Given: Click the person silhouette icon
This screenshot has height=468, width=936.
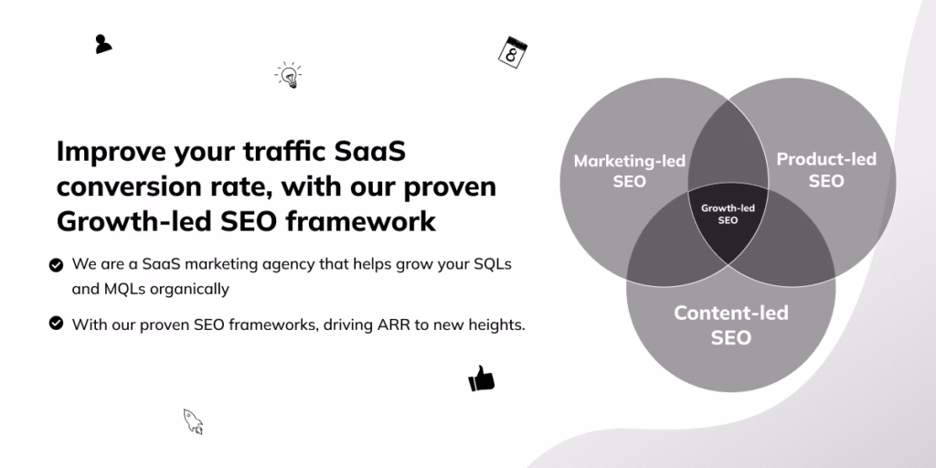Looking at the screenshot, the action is point(102,44).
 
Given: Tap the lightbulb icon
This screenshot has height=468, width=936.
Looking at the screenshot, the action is point(289,75).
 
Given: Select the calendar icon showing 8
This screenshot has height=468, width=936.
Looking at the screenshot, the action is point(513,52).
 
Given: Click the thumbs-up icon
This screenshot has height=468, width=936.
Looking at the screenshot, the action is point(481,378).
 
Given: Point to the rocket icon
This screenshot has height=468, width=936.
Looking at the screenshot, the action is point(193,421).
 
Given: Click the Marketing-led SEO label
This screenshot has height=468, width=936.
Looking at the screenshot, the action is point(629,171).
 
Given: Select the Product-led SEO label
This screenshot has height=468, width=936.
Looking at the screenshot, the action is point(826,170).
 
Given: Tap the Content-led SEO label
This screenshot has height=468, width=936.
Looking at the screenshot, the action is point(730,325).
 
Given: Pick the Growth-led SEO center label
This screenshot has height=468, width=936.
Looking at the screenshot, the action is point(728,214).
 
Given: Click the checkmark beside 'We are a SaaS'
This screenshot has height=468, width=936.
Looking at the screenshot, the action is point(56,265).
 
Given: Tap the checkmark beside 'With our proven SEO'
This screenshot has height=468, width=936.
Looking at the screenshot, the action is point(56,324).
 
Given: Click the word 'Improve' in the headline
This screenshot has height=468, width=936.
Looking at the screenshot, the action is point(111,153).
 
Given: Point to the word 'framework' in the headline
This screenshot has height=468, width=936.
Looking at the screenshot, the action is point(360,221).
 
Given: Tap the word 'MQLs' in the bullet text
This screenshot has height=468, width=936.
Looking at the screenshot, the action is point(124,290).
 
